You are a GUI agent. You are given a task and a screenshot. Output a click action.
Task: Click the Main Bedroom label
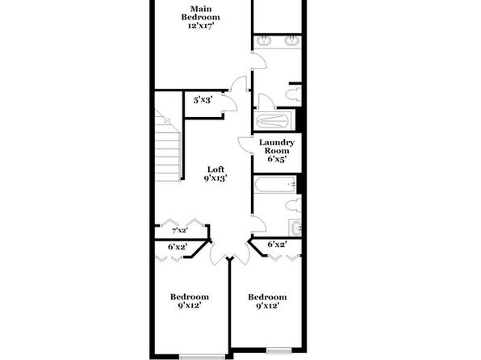200,17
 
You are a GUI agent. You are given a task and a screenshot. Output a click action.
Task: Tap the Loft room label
215,174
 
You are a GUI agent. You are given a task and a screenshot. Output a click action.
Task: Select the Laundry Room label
277,151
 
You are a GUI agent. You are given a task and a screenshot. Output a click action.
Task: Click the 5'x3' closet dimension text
203,100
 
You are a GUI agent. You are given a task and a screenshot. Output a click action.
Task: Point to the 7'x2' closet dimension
180,231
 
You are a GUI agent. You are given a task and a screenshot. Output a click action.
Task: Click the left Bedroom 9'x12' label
190,301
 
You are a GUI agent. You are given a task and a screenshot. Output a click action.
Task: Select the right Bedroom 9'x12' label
267,301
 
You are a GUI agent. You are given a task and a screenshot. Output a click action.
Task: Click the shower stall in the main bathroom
273,120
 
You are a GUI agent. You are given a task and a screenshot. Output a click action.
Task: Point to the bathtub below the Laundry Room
275,184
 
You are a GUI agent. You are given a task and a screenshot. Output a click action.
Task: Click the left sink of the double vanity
264,40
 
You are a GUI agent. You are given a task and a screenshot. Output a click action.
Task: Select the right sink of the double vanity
291,40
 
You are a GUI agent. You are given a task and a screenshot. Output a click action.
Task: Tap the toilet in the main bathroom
294,94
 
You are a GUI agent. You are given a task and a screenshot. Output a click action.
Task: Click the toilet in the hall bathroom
294,205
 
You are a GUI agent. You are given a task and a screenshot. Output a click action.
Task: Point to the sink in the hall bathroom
295,228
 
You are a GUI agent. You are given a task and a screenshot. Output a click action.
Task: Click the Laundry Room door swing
245,144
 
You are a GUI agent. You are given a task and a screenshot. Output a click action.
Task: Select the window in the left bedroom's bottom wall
202,357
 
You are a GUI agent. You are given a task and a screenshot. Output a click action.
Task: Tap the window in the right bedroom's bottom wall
278,350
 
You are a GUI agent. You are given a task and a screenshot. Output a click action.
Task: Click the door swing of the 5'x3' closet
230,102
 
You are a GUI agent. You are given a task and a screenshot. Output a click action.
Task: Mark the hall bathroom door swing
258,224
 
